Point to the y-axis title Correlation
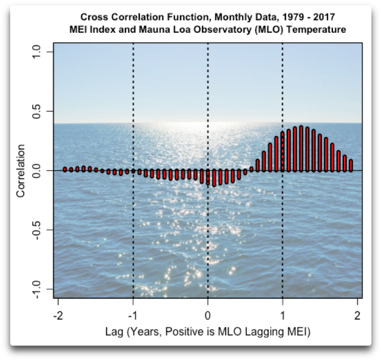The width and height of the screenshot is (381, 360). pos(21,171)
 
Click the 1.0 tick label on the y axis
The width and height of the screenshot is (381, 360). pos(38,52)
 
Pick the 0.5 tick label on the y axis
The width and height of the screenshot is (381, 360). pos(38,111)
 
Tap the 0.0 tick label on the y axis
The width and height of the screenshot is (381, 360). pos(38,171)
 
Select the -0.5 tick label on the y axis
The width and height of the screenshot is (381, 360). pos(38,230)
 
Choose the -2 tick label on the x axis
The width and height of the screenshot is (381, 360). pos(58,316)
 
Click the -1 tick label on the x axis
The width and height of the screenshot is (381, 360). pos(132,316)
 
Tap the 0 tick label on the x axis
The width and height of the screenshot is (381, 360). pos(207,316)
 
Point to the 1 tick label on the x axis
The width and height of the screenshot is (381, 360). pos(282,316)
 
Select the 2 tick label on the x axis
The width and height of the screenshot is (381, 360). pos(357,316)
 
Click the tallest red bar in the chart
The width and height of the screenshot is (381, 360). pos(301,149)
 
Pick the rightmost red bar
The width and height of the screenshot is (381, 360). pos(351,165)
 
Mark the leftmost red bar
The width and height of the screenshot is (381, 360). pos(65,170)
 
